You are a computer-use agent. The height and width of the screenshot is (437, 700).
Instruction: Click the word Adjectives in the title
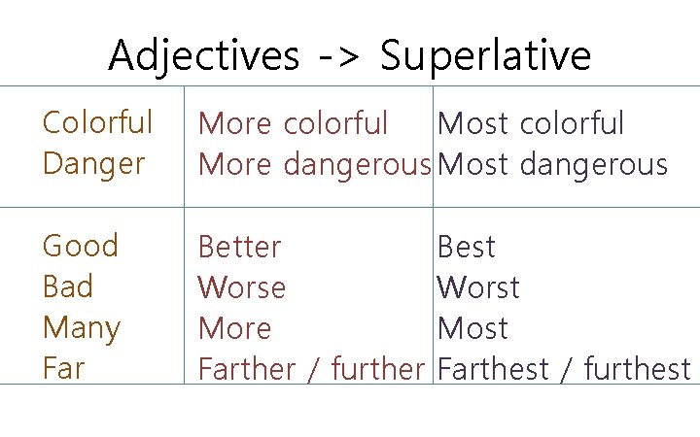203,56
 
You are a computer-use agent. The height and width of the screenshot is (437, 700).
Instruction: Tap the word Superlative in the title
485,56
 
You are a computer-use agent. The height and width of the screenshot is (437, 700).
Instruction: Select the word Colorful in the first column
97,123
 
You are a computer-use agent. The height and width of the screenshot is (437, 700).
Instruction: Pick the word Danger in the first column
93,164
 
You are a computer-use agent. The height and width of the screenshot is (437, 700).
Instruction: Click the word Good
80,246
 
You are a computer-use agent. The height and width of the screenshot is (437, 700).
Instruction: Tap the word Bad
68,287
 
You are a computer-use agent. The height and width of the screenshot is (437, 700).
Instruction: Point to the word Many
81,329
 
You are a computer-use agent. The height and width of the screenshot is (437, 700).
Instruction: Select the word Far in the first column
63,369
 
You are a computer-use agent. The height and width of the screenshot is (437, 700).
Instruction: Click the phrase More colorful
293,124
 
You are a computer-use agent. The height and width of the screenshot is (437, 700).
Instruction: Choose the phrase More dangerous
314,165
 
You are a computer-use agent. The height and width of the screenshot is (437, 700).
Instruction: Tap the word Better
239,248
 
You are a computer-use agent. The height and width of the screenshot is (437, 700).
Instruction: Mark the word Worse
242,288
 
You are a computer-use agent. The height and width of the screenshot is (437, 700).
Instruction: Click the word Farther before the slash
247,370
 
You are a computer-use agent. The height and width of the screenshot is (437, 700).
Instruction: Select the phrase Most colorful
531,124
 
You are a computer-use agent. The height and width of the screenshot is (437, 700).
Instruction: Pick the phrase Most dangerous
552,165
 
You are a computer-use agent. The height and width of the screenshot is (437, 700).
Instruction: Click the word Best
467,248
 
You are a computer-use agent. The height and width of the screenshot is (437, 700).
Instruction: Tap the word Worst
478,288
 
